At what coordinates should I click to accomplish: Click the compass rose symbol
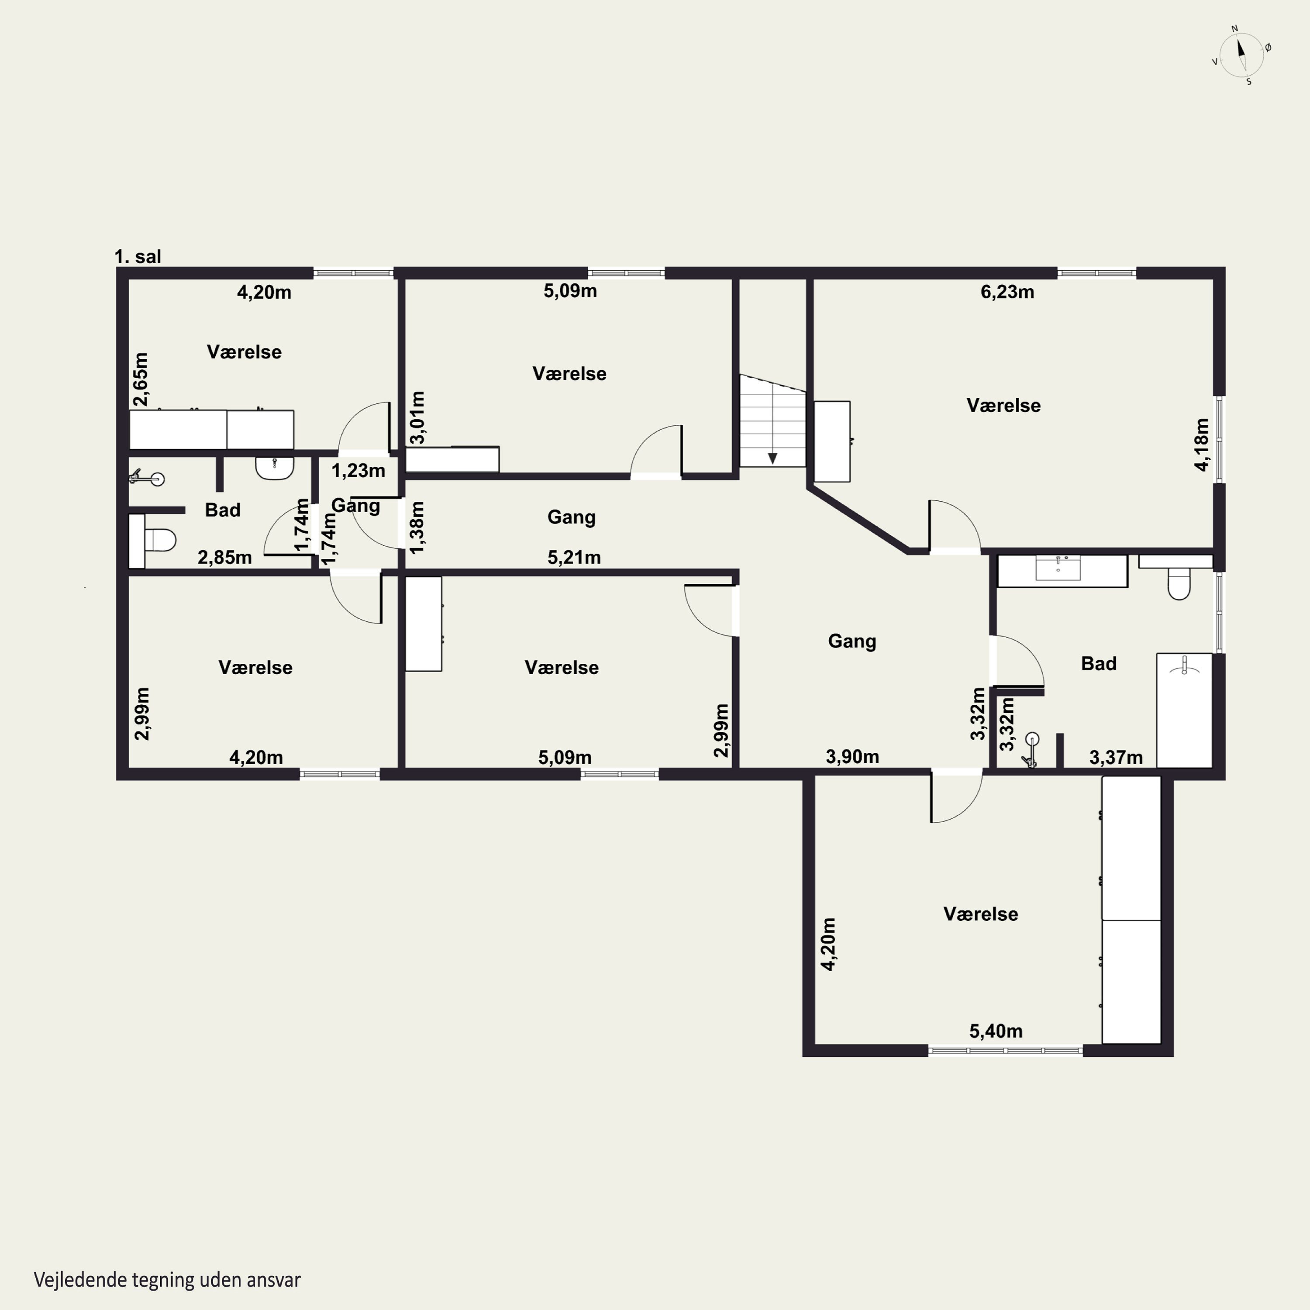[x=1241, y=55]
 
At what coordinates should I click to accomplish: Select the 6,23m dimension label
[x=1007, y=292]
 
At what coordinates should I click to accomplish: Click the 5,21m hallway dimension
[x=574, y=557]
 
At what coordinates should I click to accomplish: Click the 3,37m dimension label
[x=1115, y=757]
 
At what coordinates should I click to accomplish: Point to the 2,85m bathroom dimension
[x=224, y=557]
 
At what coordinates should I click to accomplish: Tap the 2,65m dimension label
[x=140, y=379]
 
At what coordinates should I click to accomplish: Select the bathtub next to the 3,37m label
[x=1184, y=710]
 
